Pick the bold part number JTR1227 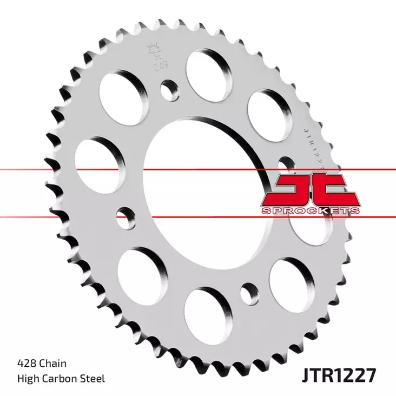tap(334, 373)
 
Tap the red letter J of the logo tap(293, 190)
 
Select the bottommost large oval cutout tap(209, 314)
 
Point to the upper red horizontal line tap(54, 170)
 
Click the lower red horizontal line tap(54, 216)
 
